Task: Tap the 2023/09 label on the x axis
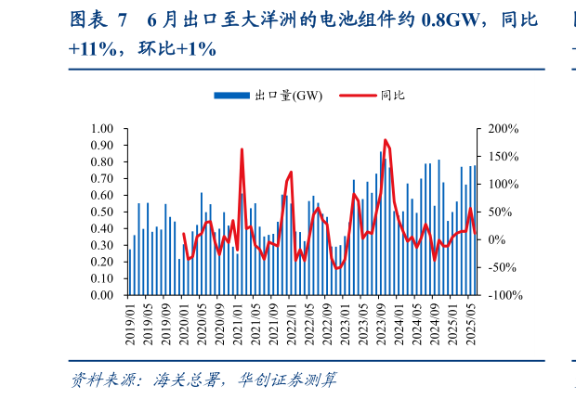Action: coord(381,323)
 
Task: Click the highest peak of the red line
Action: coord(385,140)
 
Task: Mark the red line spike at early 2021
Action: coord(242,149)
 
